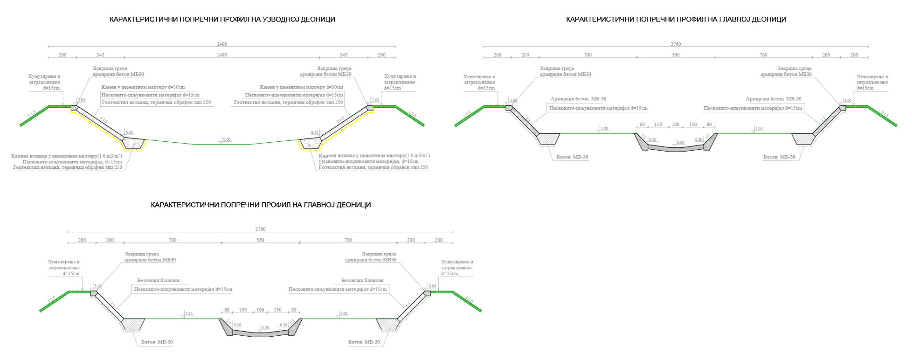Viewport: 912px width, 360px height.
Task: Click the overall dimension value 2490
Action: coord(222,44)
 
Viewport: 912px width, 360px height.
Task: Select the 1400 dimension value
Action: coord(222,55)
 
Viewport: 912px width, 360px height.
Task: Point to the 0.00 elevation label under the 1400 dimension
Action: coord(227,139)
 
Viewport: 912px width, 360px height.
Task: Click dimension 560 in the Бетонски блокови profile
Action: coord(260,240)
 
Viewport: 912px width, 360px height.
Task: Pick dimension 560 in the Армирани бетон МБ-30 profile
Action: coord(676,55)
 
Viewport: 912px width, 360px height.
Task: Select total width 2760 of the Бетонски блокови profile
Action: coord(260,229)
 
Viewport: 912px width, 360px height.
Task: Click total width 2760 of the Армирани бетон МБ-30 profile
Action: coord(676,44)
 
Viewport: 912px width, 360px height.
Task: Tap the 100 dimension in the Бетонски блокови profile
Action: coord(260,310)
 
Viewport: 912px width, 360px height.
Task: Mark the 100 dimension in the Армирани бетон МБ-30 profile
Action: coord(675,125)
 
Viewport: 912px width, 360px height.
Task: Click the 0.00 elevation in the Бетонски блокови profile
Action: coord(265,328)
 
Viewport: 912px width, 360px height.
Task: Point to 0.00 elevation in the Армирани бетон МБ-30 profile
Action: coord(681,142)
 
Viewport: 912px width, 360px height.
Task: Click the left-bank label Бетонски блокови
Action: coord(158,281)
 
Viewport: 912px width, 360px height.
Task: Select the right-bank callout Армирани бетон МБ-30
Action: coord(773,99)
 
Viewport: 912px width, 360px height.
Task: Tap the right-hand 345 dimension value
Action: coord(343,55)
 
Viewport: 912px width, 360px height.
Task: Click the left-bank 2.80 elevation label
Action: coord(82,100)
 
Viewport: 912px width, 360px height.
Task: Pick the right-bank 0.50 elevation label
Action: coord(315,133)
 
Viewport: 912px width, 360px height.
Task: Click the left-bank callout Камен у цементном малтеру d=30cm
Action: coord(143,87)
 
